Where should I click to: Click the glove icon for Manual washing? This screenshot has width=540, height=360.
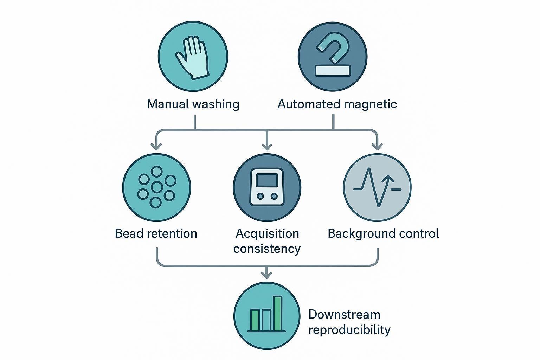pos(193,57)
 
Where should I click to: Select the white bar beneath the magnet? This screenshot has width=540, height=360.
pos(333,71)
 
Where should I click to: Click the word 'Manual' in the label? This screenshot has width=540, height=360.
pos(168,104)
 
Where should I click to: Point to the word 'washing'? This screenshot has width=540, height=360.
pos(216,104)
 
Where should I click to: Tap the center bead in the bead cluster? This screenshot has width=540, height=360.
pos(156,187)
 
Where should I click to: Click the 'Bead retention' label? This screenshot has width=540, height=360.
pos(156,233)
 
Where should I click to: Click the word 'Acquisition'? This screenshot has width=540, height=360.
pos(267,233)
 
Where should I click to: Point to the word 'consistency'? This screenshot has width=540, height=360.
pos(267,249)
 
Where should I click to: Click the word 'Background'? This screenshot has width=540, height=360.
pos(362,233)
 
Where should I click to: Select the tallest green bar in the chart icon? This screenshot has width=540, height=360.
pos(278,313)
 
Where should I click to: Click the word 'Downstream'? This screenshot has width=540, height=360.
pos(344,314)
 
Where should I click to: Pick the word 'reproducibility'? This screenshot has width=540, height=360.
pos(349,330)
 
